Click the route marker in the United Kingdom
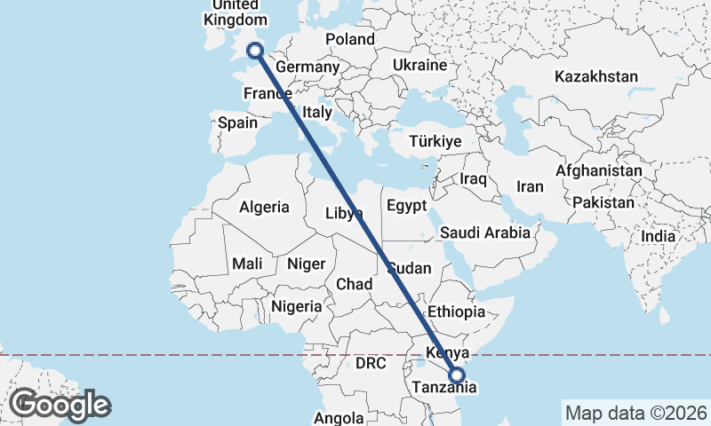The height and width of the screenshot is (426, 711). click(255, 51)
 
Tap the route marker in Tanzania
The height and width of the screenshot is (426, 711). click(457, 375)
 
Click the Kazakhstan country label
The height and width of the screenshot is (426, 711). click(595, 76)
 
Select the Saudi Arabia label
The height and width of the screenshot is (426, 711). click(485, 233)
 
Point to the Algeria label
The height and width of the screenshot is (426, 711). click(264, 207)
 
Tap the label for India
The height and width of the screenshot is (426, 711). click(658, 237)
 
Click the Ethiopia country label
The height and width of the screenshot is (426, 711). click(456, 312)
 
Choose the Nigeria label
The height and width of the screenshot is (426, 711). click(296, 305)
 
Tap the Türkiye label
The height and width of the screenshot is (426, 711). click(435, 141)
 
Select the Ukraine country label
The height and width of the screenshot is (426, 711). click(419, 66)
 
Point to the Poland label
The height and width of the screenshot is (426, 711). click(350, 39)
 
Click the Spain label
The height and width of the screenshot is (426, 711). click(237, 123)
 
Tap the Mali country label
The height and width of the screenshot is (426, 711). click(246, 264)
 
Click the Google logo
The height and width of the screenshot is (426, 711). click(60, 405)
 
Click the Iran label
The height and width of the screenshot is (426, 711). click(530, 186)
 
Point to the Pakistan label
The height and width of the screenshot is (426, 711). click(603, 202)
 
